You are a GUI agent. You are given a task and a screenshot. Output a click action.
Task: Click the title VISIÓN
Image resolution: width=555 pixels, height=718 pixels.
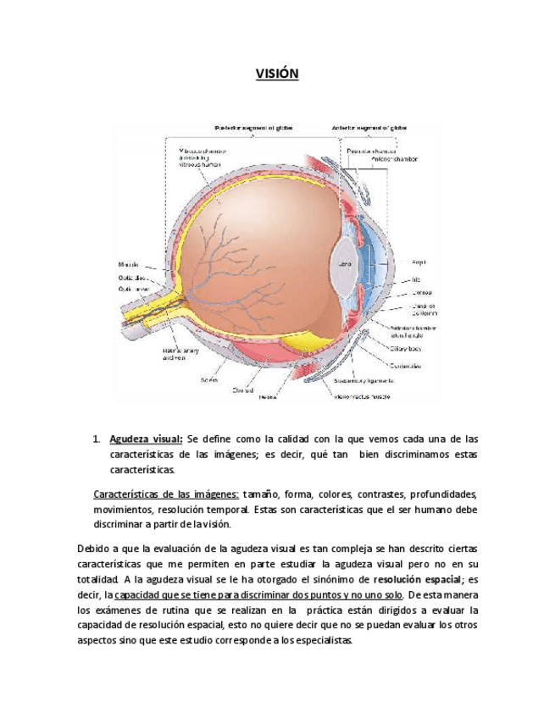pos(277,75)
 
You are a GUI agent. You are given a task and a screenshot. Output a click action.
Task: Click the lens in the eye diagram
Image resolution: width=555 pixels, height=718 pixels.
pos(346,264)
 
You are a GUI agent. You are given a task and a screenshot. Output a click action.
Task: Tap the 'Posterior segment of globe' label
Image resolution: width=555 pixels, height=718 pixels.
pos(255,128)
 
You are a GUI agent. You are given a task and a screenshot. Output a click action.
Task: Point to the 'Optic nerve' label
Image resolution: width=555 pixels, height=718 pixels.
pos(134,289)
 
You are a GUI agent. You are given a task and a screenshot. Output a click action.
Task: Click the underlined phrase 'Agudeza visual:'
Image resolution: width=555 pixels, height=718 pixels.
pos(146,439)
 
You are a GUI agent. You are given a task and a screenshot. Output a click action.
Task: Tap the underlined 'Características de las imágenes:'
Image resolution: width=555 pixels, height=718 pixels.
pos(166,494)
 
